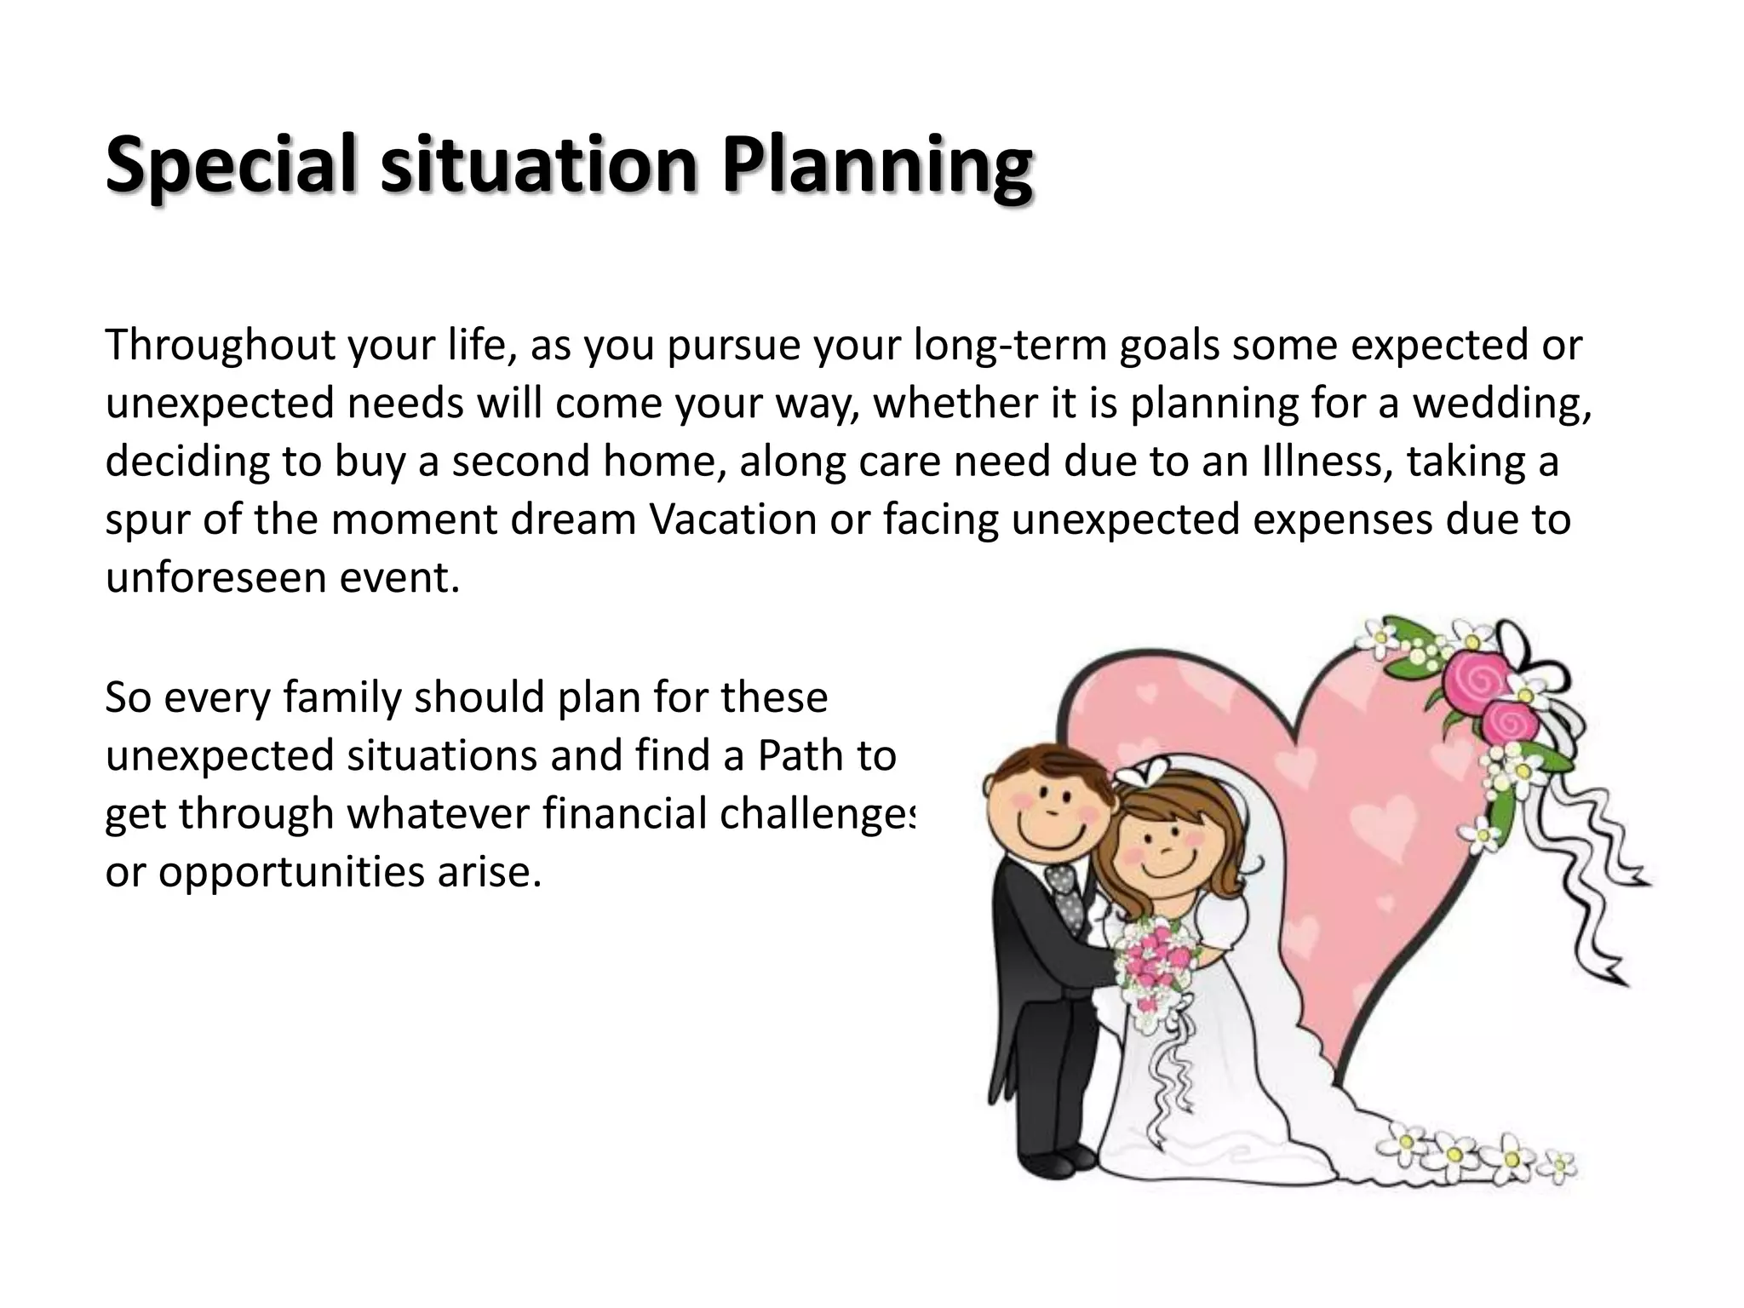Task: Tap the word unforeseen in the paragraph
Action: (x=214, y=577)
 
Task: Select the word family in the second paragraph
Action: (x=342, y=697)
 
